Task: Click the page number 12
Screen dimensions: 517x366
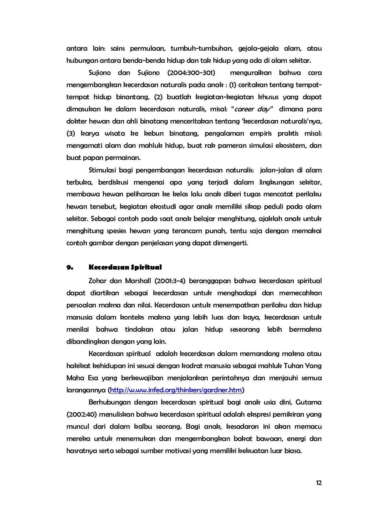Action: [x=319, y=483]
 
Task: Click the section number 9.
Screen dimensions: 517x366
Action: [x=70, y=267]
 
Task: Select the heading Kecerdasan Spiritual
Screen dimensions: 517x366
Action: [x=125, y=267]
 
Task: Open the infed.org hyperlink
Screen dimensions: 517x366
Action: [x=176, y=390]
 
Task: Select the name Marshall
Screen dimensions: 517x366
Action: [x=138, y=281]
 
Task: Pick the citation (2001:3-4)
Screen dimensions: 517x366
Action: [x=170, y=281]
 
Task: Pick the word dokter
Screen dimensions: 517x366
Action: [x=76, y=121]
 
